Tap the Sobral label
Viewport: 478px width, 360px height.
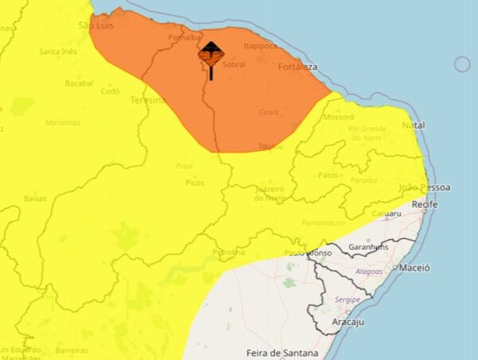click(234, 65)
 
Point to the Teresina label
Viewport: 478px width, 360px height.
click(148, 101)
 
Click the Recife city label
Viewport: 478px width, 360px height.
click(425, 205)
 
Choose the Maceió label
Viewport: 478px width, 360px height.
click(414, 268)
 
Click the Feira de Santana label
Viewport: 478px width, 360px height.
click(282, 353)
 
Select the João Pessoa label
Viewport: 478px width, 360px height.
click(424, 187)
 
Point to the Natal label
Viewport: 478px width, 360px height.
click(413, 126)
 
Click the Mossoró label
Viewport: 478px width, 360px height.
click(338, 116)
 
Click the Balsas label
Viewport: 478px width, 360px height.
click(35, 198)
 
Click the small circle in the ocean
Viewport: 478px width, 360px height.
click(462, 65)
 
